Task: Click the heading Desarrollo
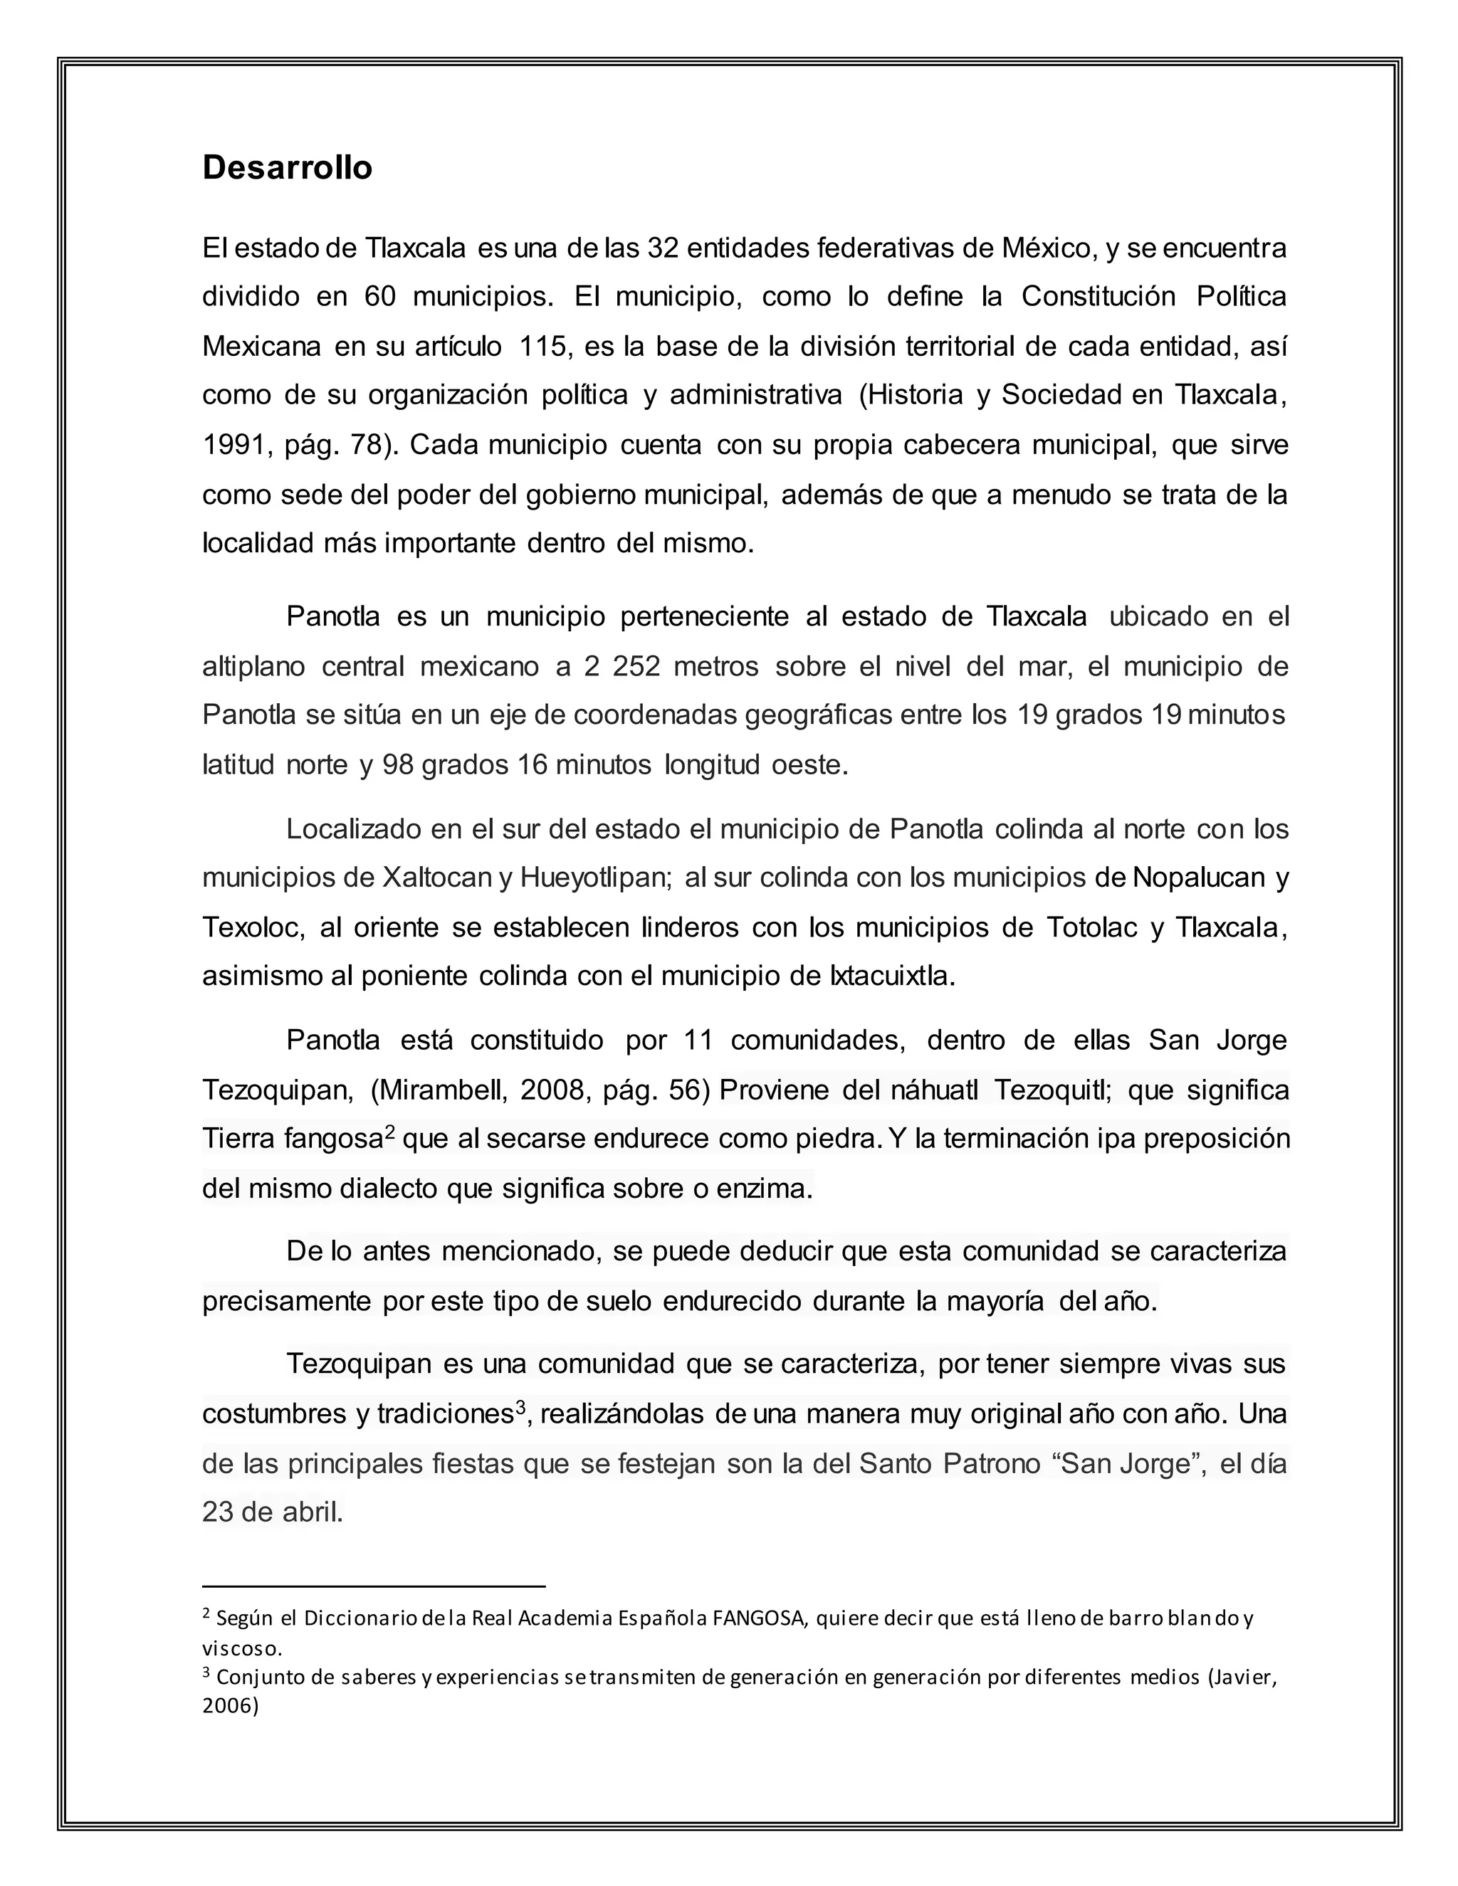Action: [287, 167]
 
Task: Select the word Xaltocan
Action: [437, 878]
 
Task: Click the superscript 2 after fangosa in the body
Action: [389, 1132]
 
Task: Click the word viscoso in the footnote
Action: [242, 1648]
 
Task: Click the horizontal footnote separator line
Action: [373, 1586]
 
